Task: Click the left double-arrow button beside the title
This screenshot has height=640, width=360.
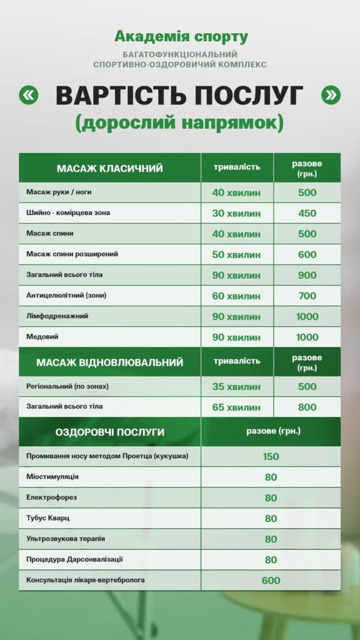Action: click(29, 95)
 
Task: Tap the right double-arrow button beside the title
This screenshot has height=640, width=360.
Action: click(331, 95)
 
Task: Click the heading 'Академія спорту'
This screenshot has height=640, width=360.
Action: click(181, 37)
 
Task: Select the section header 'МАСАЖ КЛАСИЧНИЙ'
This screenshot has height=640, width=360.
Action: click(110, 168)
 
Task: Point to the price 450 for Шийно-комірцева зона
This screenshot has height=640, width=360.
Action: click(307, 213)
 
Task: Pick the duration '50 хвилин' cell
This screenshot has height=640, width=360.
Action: click(236, 254)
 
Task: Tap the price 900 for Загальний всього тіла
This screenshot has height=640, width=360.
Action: click(307, 275)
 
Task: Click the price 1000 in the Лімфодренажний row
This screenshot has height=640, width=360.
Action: click(307, 316)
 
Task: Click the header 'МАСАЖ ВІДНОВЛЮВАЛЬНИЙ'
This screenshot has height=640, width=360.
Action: click(110, 362)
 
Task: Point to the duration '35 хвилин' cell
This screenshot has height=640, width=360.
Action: click(236, 387)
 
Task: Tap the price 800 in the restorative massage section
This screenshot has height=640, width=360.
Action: click(307, 407)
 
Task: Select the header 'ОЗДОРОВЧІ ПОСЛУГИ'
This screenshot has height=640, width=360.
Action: click(110, 432)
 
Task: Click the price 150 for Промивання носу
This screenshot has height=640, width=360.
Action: click(271, 457)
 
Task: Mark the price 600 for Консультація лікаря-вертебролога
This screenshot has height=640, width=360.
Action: click(271, 581)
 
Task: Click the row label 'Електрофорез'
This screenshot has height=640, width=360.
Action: click(52, 497)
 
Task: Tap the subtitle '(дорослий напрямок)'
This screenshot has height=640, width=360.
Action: click(179, 122)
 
